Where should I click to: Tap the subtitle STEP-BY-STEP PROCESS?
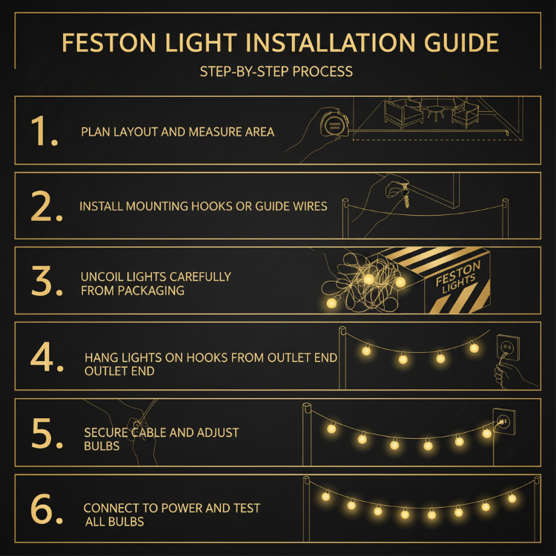[x=276, y=73]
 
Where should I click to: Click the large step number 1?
[x=44, y=130]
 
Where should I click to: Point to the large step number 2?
[x=46, y=206]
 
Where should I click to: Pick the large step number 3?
[x=46, y=281]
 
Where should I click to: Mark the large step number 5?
[x=46, y=434]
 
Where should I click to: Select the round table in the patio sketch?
[x=434, y=110]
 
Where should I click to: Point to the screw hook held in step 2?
[x=405, y=182]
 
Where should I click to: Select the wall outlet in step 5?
[x=502, y=420]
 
